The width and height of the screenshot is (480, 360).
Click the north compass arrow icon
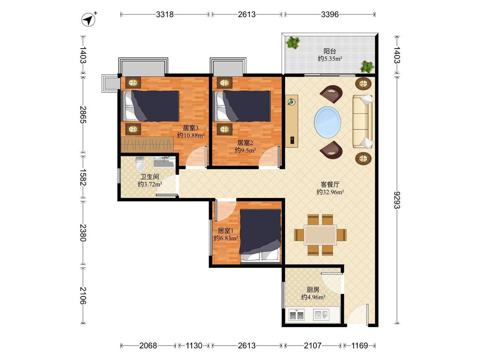88,19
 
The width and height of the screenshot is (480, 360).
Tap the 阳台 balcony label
330,51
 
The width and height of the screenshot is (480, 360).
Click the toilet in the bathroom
140,164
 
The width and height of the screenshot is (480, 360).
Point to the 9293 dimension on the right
397,200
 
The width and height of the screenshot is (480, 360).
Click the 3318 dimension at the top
165,14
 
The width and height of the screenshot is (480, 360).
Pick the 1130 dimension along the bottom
194,345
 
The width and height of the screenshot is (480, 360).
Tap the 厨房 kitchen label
313,289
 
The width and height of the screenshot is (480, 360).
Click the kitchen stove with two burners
297,314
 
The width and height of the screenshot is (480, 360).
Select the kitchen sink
321,315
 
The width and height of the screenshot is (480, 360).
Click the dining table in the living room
320,235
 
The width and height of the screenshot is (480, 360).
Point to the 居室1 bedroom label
226,230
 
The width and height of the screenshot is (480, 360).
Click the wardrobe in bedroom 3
147,144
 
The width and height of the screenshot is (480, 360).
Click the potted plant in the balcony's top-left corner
293,43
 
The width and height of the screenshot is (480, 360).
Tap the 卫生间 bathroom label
150,177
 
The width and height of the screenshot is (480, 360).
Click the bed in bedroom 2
243,106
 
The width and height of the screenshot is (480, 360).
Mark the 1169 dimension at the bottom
359,345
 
